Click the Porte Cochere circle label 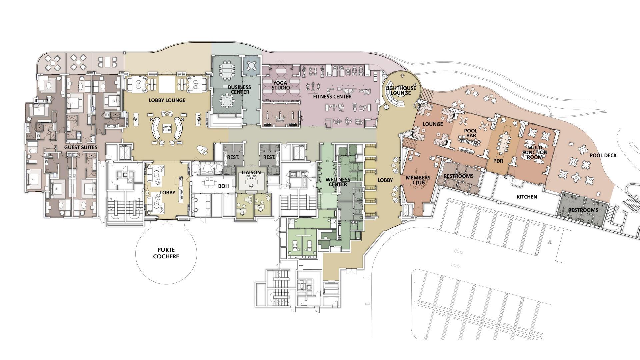(166, 253)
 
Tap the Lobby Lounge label (167, 100)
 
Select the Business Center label (239, 90)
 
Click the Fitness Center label (332, 97)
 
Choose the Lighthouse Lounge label (401, 91)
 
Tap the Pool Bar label (471, 133)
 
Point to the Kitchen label (527, 197)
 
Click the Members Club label (418, 180)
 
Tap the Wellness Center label (338, 182)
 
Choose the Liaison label (251, 172)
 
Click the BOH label (223, 186)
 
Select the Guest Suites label (81, 147)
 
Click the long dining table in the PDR (504, 142)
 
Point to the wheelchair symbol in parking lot (549, 243)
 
